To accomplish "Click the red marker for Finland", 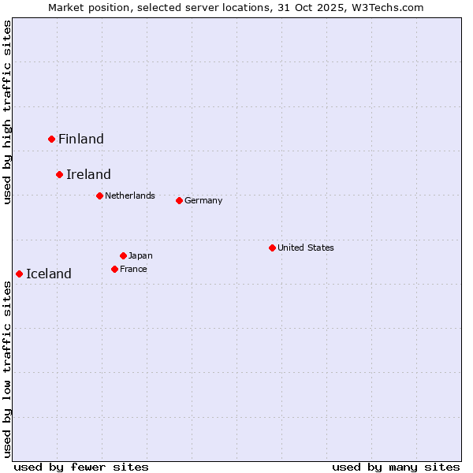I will point(52,139).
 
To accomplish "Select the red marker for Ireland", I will point(59,174).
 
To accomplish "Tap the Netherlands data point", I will point(99,196).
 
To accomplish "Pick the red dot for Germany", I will point(179,200).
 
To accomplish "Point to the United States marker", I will point(272,248).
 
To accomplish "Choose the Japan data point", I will point(123,255).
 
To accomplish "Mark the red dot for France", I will point(115,269).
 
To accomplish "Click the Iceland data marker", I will point(19,274).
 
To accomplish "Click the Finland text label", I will point(81,139).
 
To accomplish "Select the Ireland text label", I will point(88,174).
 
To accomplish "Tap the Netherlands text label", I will point(130,196).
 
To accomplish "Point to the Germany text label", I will point(203,200).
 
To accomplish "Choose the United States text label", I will point(306,248).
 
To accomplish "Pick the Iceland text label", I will point(49,274).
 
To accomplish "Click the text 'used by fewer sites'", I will point(81,467).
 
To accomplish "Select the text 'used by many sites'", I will point(396,467).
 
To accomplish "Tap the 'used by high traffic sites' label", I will point(7,112).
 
